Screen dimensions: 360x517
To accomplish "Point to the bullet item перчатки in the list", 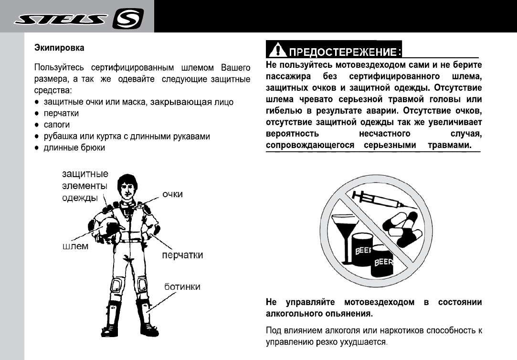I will coord(61,114).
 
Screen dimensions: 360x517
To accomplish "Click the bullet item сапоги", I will coord(57,125).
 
